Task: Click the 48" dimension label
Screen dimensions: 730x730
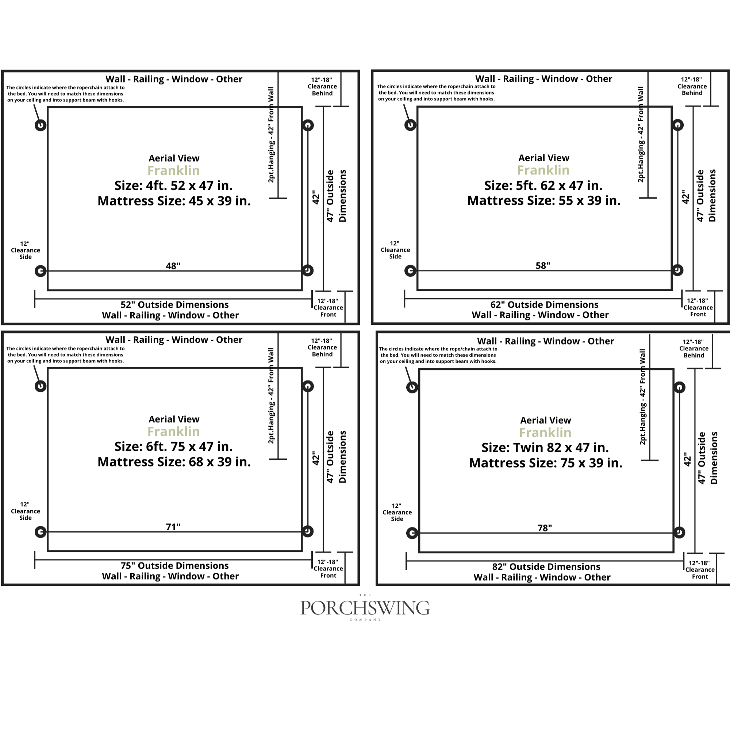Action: (x=173, y=266)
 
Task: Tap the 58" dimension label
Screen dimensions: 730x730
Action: (x=543, y=266)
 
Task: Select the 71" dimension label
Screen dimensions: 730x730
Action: (x=173, y=527)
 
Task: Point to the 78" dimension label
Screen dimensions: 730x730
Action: (x=545, y=528)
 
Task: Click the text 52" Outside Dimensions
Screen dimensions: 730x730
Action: (x=174, y=304)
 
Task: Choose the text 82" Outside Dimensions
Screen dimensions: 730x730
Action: (x=546, y=567)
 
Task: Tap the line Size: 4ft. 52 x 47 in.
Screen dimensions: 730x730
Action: (x=173, y=185)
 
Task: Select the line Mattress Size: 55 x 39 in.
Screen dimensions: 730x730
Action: (x=544, y=200)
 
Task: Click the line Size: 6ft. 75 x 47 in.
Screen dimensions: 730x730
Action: (x=173, y=447)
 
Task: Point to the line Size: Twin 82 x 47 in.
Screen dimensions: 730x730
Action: (x=545, y=448)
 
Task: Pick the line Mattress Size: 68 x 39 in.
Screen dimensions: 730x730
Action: (x=174, y=462)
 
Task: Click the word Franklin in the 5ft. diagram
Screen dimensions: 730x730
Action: (x=543, y=170)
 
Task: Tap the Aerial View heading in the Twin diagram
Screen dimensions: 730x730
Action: (x=546, y=420)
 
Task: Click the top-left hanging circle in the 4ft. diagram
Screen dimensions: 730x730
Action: (x=41, y=125)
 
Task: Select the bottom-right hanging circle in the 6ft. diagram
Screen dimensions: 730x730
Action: (x=308, y=531)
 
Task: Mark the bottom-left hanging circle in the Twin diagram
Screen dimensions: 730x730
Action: (x=412, y=533)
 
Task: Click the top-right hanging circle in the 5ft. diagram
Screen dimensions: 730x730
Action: (x=678, y=125)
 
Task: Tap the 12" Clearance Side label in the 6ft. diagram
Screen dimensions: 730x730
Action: (x=25, y=511)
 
